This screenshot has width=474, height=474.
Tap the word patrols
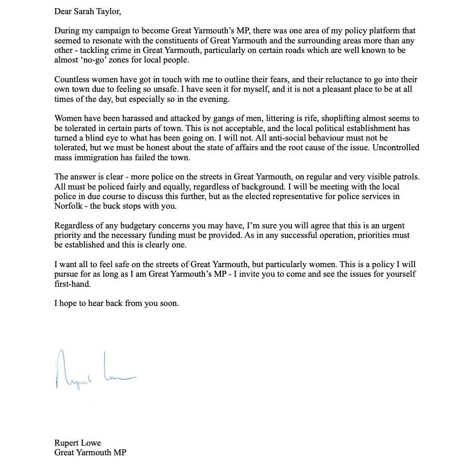coord(405,177)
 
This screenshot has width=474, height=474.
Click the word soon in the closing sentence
coord(169,303)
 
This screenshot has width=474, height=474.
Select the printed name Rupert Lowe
coord(78,442)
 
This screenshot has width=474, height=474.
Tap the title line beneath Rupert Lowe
coord(90,453)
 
